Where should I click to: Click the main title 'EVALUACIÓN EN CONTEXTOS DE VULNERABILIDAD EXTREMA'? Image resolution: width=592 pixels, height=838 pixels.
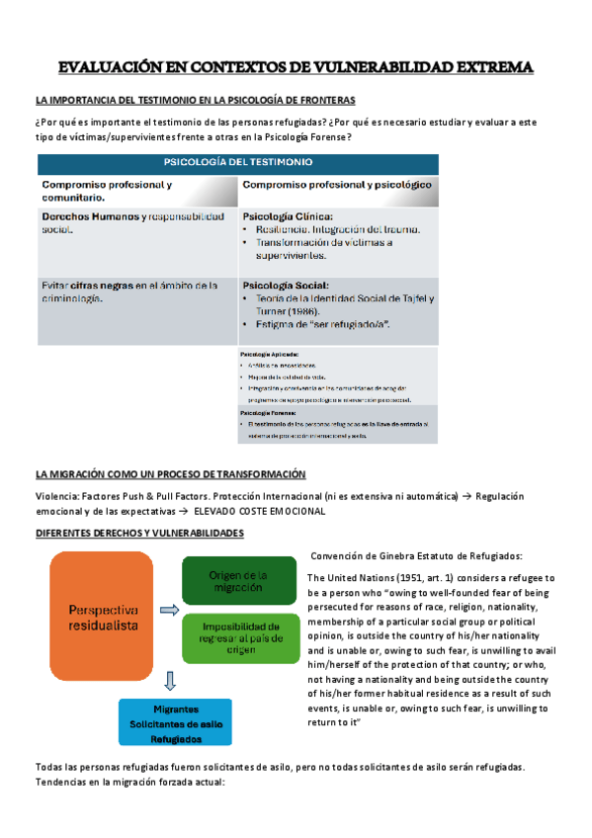pyautogui.click(x=296, y=67)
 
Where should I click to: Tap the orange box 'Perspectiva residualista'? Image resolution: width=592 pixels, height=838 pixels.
pyautogui.click(x=103, y=617)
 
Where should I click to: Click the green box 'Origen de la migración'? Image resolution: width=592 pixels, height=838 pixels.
pyautogui.click(x=238, y=583)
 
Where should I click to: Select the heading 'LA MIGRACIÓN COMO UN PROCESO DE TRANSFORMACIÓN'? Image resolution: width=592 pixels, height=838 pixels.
pyautogui.click(x=171, y=473)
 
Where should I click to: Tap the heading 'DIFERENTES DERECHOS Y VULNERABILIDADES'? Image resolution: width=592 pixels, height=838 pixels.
pyautogui.click(x=139, y=534)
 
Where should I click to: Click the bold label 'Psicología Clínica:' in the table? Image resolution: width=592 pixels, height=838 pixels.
pyautogui.click(x=288, y=215)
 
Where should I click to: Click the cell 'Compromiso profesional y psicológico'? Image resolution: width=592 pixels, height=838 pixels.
pyautogui.click(x=336, y=185)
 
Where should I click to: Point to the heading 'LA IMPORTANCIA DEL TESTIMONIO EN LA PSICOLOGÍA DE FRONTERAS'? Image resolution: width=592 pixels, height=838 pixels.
pyautogui.click(x=195, y=100)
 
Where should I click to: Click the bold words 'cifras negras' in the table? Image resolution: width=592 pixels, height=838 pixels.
pyautogui.click(x=96, y=285)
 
